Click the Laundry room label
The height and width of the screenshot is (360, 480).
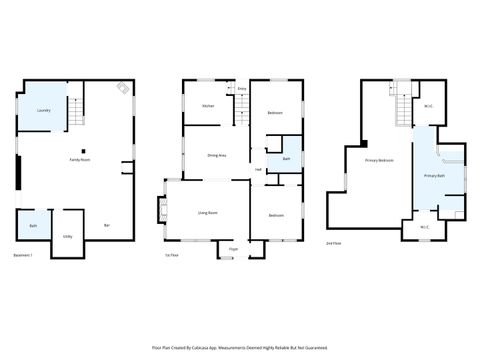(43, 110)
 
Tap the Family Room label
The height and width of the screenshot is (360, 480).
(80, 160)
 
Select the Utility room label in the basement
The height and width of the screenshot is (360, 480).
(67, 237)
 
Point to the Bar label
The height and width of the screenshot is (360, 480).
(107, 226)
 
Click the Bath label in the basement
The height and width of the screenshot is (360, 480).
(33, 226)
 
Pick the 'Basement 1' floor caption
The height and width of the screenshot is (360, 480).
(23, 256)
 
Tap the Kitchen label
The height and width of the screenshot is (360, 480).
(208, 106)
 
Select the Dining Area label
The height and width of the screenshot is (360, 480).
(216, 155)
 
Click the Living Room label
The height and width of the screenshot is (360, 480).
(208, 213)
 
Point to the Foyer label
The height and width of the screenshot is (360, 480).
(233, 248)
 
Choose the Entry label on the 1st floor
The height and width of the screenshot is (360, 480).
(242, 90)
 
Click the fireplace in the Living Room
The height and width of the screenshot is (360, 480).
(163, 212)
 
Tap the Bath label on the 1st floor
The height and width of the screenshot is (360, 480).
(286, 159)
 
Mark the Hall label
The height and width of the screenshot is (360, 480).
(258, 169)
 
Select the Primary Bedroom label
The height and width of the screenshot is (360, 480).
(379, 161)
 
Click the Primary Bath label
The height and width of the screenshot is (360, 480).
(434, 176)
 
